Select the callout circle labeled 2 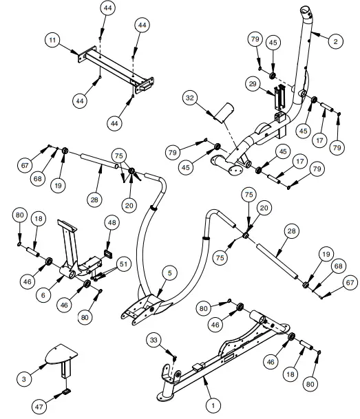[x=335, y=42]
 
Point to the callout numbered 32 [x=189, y=98]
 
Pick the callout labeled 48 [x=112, y=222]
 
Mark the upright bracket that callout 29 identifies [x=279, y=98]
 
